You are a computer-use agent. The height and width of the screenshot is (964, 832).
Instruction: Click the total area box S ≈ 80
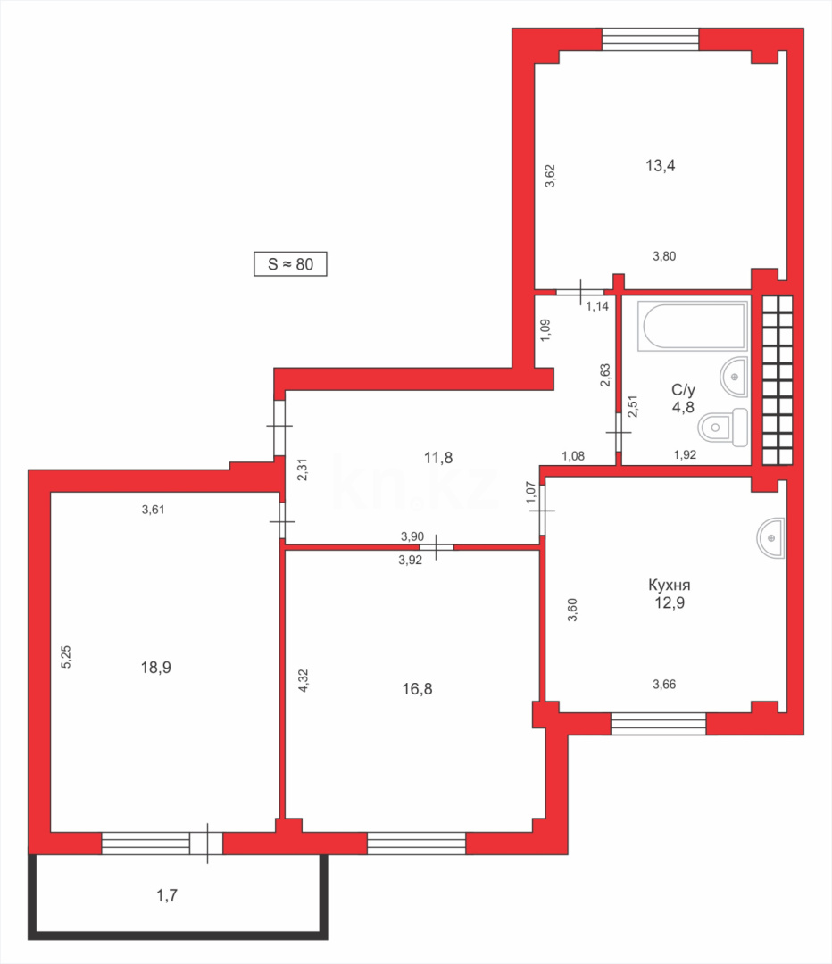(290, 264)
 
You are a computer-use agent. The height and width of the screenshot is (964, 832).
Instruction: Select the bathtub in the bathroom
(694, 326)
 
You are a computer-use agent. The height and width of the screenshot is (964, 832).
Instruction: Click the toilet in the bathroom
(724, 428)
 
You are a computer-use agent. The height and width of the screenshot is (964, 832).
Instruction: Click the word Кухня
(670, 586)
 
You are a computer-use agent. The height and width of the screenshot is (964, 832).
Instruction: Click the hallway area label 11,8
(438, 458)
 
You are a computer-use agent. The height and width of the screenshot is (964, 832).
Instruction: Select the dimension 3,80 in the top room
(663, 256)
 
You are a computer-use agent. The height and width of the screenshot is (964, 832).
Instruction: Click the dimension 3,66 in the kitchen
(665, 685)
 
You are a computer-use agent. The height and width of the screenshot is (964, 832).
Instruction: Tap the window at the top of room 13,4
(650, 38)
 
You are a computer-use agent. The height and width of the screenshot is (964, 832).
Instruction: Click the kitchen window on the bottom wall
(658, 723)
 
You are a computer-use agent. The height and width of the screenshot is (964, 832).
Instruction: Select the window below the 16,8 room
(417, 843)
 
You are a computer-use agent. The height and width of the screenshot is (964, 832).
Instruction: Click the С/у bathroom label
(683, 390)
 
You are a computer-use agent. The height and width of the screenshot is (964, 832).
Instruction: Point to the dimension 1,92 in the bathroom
(686, 455)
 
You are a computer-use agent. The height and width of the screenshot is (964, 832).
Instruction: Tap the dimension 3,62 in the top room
(551, 175)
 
